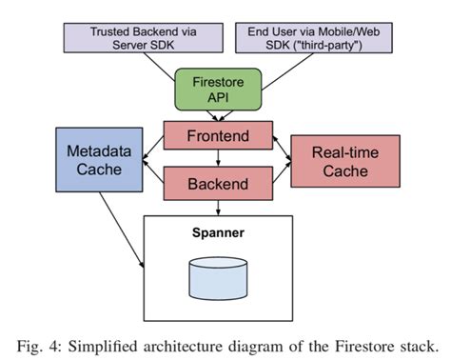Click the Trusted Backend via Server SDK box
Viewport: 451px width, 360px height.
pos(140,39)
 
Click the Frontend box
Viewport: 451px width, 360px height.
pos(220,136)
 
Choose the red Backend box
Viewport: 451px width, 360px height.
pos(220,183)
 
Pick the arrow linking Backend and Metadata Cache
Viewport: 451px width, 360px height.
pos(152,176)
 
